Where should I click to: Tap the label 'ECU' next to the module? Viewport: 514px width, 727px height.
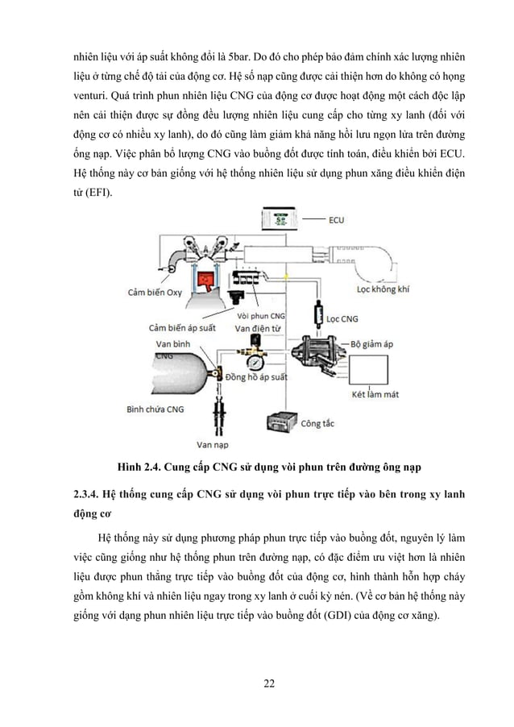[337, 218]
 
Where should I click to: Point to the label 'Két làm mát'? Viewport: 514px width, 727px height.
[376, 395]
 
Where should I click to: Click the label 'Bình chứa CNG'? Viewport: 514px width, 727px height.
[155, 409]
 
